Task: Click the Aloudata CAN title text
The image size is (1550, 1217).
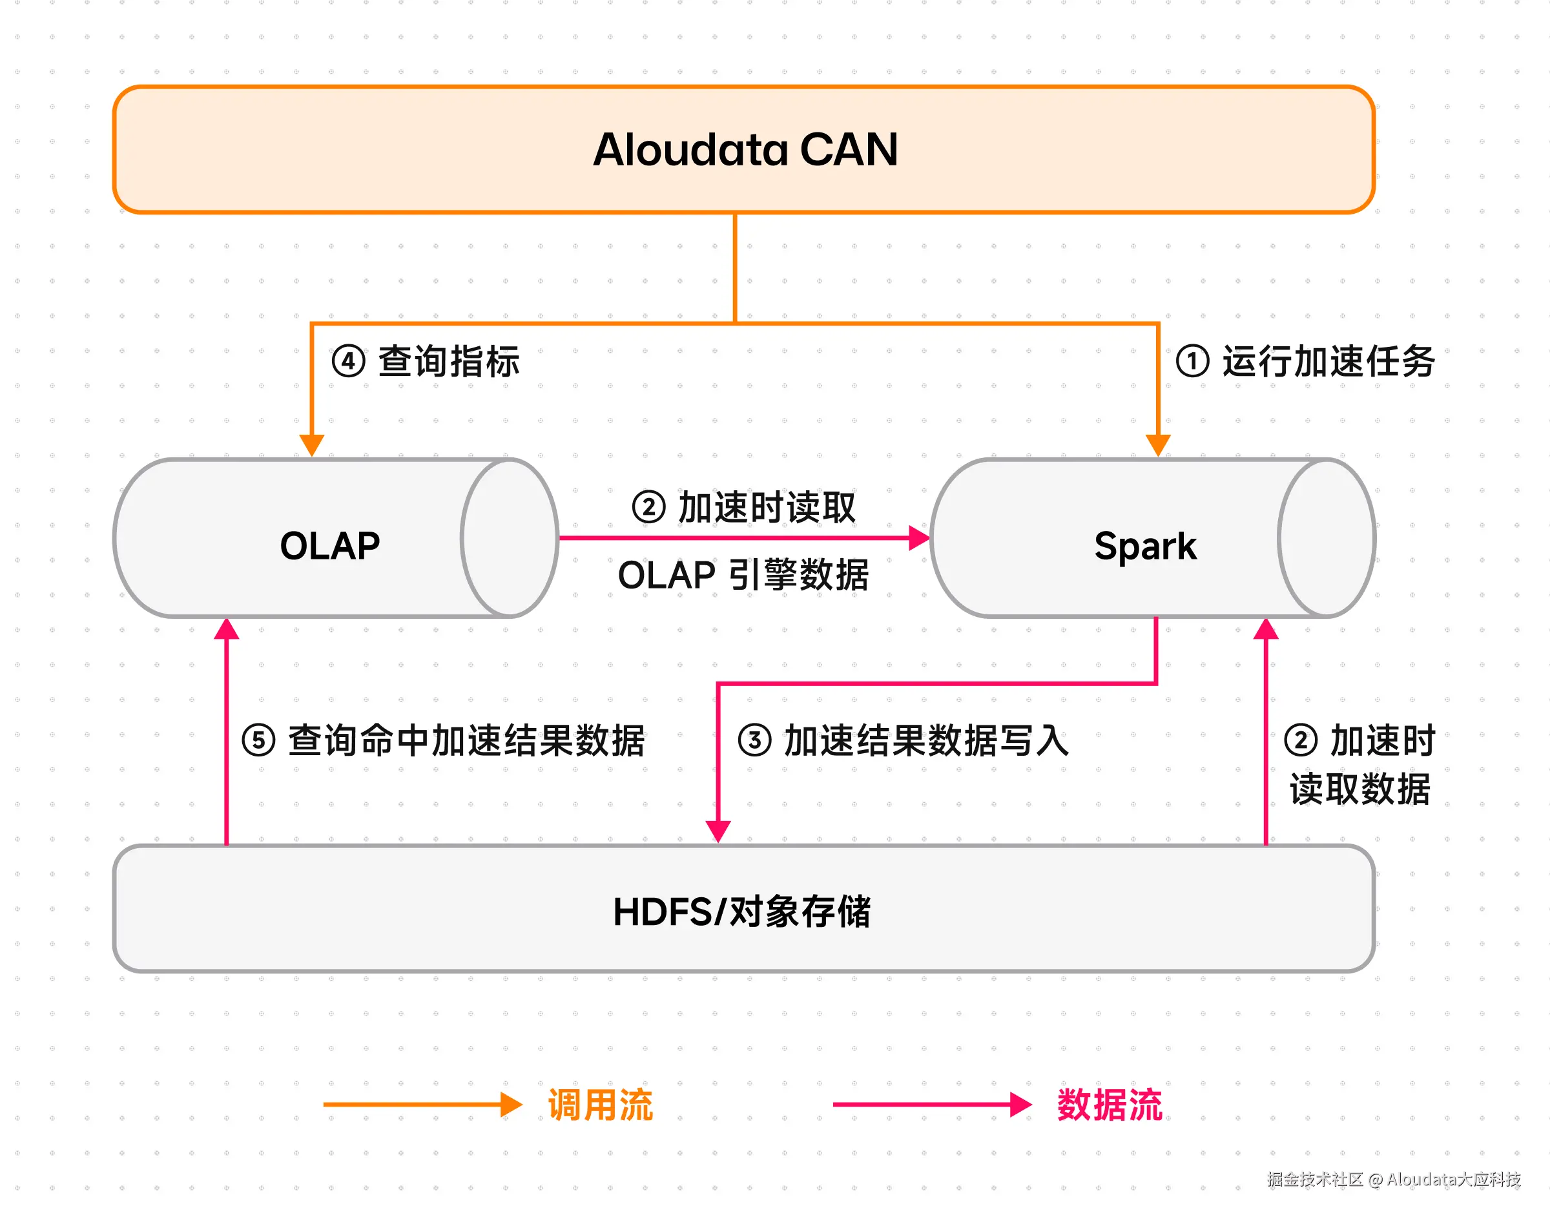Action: [745, 150]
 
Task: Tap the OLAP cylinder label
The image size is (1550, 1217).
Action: [330, 546]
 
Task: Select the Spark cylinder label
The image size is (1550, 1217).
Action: [1146, 547]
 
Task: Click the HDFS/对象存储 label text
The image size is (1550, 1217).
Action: [741, 911]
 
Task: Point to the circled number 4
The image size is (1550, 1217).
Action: [348, 361]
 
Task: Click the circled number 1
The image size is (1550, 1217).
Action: [1192, 360]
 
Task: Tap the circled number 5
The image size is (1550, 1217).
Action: [258, 740]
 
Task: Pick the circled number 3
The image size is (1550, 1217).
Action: [754, 740]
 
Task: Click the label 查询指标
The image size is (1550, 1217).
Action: [449, 361]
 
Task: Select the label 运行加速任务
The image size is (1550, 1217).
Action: [1329, 361]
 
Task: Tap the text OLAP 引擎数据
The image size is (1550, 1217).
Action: [743, 575]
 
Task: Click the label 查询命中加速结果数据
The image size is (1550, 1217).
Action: [466, 740]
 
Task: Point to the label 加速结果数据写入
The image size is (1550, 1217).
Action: [927, 740]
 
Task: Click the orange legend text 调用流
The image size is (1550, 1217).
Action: [600, 1105]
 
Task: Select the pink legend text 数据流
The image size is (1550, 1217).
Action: [1109, 1105]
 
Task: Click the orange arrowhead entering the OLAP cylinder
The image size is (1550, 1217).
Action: [311, 444]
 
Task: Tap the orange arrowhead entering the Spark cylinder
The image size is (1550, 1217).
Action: [1158, 444]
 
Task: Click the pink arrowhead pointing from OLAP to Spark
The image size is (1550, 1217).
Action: [920, 538]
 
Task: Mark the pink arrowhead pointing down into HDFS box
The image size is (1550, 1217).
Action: [718, 831]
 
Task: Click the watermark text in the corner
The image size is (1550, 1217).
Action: [1393, 1180]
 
